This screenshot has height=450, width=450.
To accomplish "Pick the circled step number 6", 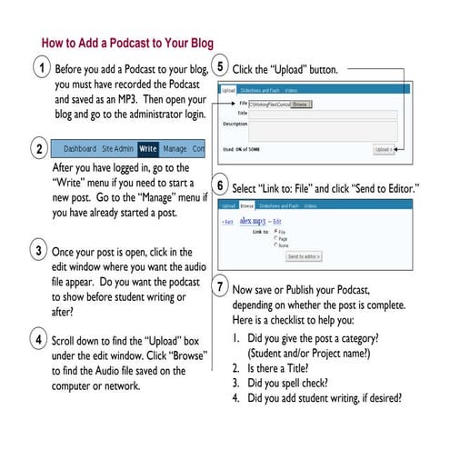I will click(x=220, y=185).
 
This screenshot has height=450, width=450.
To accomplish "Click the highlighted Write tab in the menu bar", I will click(x=148, y=148).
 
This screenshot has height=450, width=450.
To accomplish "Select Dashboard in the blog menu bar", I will click(x=80, y=148).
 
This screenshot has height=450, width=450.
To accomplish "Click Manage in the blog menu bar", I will click(x=175, y=148).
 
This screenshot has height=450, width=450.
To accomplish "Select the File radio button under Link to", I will click(x=276, y=231).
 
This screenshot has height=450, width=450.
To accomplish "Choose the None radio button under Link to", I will click(x=276, y=245).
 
